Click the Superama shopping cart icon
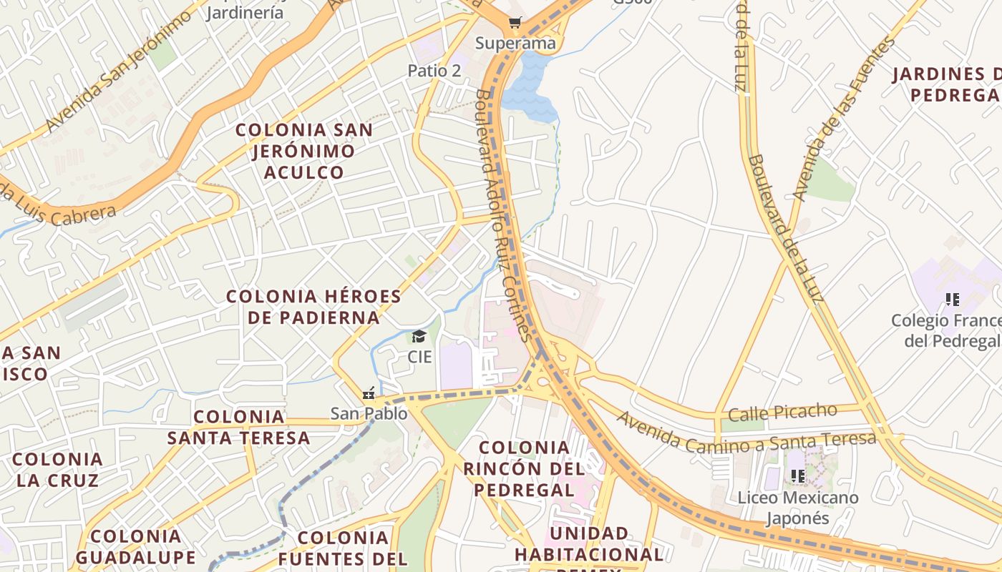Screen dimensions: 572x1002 click(x=515, y=23)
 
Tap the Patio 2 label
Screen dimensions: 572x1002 click(x=434, y=70)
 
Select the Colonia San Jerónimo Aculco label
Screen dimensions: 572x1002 click(x=304, y=151)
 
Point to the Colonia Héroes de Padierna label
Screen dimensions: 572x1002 click(x=313, y=307)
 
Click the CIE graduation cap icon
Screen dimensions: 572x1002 click(x=419, y=337)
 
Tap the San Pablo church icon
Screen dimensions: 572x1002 click(x=369, y=393)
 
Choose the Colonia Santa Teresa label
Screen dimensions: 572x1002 click(x=239, y=427)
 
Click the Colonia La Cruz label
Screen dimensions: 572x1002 click(x=58, y=469)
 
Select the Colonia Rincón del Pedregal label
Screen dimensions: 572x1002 click(x=525, y=468)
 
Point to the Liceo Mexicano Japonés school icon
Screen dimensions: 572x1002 click(x=797, y=475)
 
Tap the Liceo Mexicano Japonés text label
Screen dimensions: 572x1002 click(x=797, y=507)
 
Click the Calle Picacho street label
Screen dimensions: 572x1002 click(x=782, y=413)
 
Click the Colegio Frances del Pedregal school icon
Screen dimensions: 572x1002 click(x=952, y=300)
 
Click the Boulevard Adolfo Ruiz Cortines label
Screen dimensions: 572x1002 click(x=505, y=214)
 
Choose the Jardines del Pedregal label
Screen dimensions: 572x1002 click(x=952, y=84)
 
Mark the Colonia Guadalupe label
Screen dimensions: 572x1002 click(x=135, y=547)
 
